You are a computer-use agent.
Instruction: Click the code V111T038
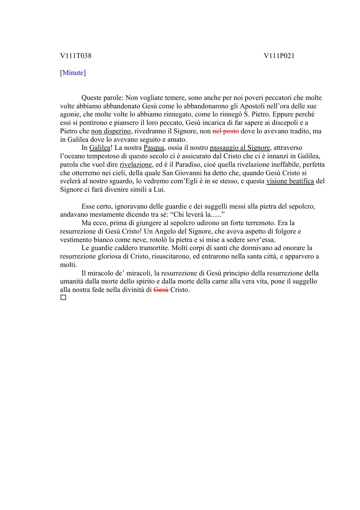76,56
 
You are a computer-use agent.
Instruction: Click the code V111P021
279,56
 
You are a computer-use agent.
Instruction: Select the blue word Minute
73,73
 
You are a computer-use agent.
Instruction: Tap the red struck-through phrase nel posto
226,131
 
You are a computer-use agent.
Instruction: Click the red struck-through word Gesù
161,290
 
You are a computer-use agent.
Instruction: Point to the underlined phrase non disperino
111,131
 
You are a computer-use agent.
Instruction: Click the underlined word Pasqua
154,148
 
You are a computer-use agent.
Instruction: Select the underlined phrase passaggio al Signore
240,148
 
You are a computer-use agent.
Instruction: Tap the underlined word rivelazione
136,164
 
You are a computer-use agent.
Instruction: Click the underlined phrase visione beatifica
290,181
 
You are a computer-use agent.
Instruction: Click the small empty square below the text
63,298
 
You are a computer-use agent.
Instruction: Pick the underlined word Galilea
99,148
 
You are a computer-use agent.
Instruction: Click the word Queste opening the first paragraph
92,98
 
